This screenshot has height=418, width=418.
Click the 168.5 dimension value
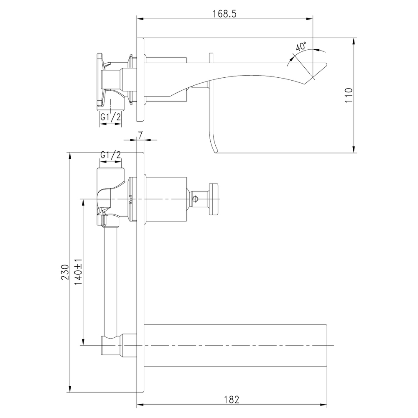coord(224,13)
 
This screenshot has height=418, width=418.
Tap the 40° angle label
coord(301,46)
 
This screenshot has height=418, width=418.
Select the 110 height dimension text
coord(349,96)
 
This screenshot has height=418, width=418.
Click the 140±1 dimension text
coord(78,272)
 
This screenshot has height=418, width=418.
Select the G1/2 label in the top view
coord(110,117)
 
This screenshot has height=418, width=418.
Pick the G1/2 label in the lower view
coord(110,155)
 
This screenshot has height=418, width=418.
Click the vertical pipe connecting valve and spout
coord(112,280)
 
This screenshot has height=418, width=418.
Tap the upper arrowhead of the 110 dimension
coord(354,41)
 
